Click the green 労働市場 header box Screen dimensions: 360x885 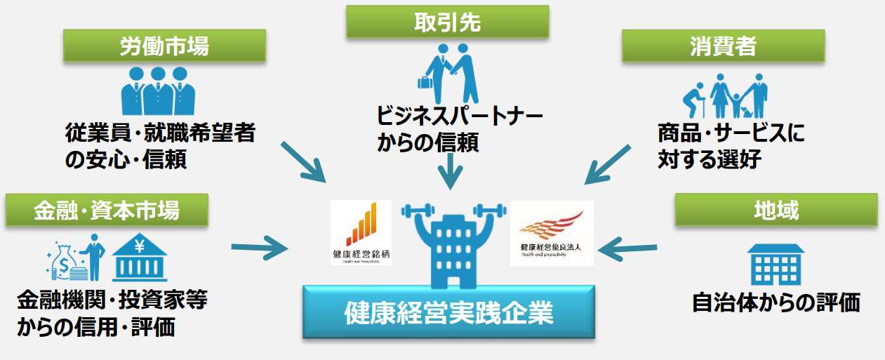click(x=164, y=46)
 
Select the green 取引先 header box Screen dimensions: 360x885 click(x=446, y=22)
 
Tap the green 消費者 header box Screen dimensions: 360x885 click(x=722, y=47)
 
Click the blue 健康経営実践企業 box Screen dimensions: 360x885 click(x=448, y=312)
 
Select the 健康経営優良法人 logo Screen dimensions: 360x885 click(x=552, y=232)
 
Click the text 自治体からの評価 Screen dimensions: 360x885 click(x=776, y=302)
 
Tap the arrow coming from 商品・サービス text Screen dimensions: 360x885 click(x=606, y=166)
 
